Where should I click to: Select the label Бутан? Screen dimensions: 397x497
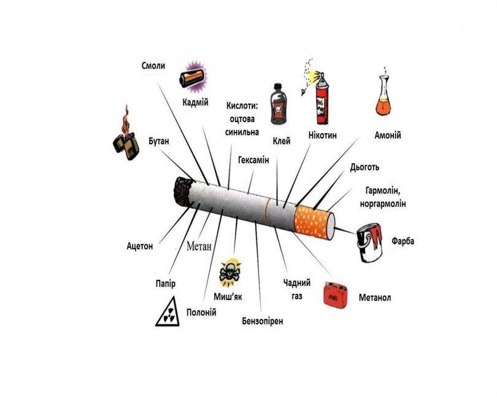[158, 141]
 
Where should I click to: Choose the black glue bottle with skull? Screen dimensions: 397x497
[279, 106]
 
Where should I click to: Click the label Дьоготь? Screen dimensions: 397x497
[364, 166]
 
